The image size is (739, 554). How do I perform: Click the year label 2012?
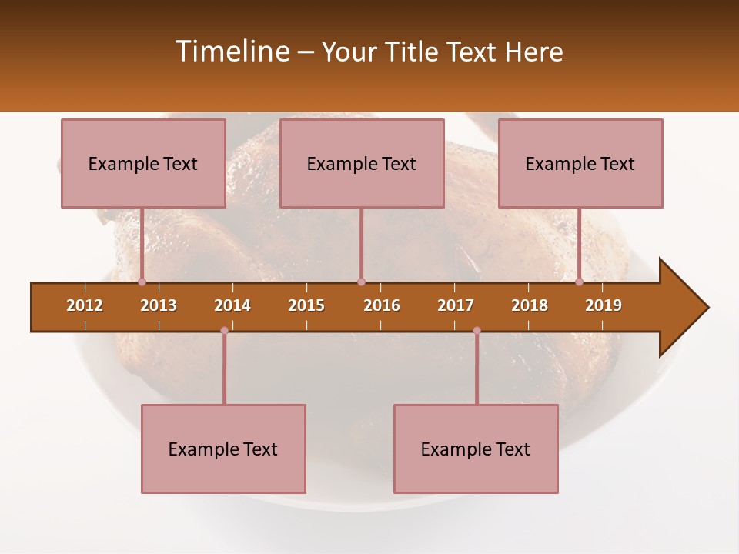(85, 305)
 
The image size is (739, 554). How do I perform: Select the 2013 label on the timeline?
(159, 305)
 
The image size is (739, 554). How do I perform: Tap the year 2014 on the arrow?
(232, 305)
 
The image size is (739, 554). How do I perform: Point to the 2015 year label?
(306, 305)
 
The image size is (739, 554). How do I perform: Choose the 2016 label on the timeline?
(382, 305)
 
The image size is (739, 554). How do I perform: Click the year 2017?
(456, 305)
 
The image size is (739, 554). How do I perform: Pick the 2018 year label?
(530, 305)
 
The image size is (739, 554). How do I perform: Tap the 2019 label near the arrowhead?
(604, 305)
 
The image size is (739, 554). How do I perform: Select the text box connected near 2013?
(143, 163)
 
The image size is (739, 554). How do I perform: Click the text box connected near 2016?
(362, 163)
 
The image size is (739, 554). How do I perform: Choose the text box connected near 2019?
(580, 163)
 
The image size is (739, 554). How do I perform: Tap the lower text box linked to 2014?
(223, 449)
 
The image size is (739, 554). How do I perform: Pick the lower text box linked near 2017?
(476, 449)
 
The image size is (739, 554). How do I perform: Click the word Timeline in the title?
(232, 52)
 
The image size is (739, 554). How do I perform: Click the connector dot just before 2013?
(142, 282)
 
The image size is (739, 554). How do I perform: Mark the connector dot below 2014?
(224, 330)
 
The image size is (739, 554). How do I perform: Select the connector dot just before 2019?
(579, 282)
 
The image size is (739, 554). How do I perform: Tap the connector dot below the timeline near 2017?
(477, 330)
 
